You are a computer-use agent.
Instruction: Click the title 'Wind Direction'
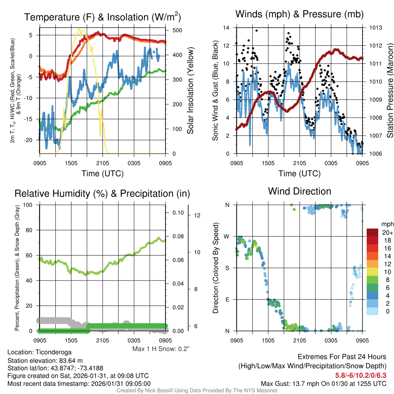pos(299,191)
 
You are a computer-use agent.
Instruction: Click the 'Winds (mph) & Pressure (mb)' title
pos(299,15)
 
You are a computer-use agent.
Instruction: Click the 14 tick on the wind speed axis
pos(227,28)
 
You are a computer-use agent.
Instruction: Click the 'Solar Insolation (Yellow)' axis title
pos(190,91)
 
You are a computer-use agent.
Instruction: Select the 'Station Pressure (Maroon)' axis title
pos(389,91)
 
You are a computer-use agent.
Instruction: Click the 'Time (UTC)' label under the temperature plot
pos(103,174)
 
